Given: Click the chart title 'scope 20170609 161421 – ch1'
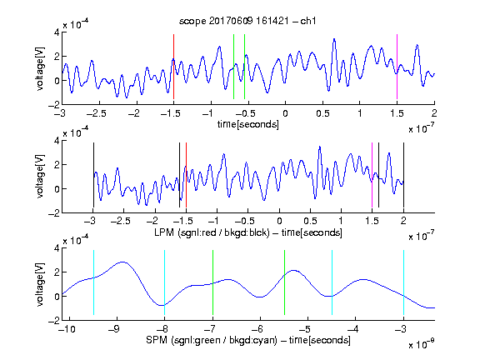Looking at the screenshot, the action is [247, 21].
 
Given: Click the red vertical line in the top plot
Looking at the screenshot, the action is [173, 67].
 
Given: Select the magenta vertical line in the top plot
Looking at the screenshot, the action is [397, 67].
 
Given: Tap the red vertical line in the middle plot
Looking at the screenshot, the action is [186, 175].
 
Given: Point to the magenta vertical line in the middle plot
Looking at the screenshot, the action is [372, 175].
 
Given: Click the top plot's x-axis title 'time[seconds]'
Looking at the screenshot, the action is [248, 124].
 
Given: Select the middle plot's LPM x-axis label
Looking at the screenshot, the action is [248, 232].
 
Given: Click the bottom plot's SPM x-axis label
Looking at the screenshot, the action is [248, 340].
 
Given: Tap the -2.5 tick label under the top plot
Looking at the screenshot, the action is [96, 113].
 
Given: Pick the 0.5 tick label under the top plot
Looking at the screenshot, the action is [322, 113].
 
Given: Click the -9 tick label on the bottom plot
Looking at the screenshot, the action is [114, 329].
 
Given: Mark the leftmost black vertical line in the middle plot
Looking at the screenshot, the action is [93, 175].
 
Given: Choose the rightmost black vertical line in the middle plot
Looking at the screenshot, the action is [403, 175].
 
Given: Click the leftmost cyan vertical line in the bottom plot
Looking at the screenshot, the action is [93, 282].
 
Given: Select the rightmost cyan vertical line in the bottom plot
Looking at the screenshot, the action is [403, 282].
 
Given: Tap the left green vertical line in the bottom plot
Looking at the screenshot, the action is [212, 282].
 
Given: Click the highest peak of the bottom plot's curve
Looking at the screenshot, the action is [123, 262].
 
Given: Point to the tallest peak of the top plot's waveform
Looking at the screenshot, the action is [334, 39].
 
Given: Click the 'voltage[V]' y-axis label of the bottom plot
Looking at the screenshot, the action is [40, 285].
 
